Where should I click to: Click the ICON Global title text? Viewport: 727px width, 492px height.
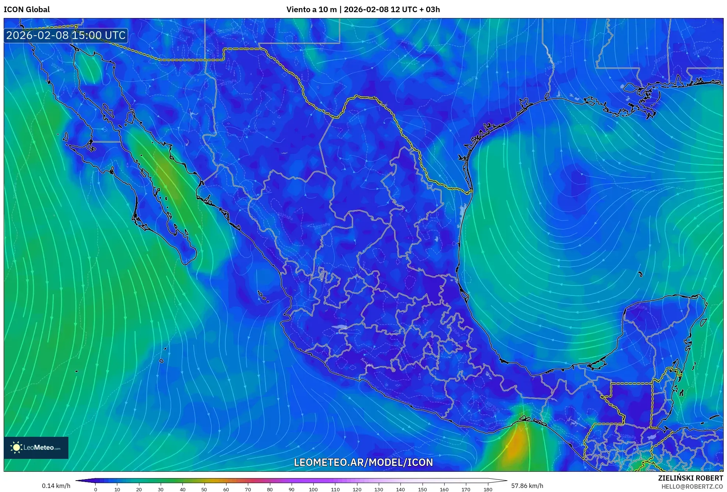(x=26, y=10)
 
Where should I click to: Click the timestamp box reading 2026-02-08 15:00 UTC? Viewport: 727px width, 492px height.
(x=66, y=35)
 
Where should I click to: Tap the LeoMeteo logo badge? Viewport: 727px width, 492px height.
(x=36, y=447)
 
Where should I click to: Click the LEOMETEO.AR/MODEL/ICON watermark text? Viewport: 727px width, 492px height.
(x=363, y=462)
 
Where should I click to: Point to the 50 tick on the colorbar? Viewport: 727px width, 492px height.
(x=204, y=489)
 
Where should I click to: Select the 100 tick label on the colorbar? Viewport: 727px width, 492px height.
(x=313, y=489)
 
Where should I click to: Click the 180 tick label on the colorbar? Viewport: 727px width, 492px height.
(x=488, y=489)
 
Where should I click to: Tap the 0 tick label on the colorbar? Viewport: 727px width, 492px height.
(x=96, y=489)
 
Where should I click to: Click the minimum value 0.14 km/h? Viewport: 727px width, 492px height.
(x=56, y=486)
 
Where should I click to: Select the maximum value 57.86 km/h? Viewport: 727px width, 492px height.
(x=527, y=486)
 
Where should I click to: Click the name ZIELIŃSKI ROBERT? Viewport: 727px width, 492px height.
(x=690, y=478)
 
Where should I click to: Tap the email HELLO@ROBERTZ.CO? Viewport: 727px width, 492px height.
(x=692, y=486)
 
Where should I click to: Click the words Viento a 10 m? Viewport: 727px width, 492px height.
(x=311, y=10)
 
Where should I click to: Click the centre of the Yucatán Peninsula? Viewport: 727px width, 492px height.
(x=658, y=331)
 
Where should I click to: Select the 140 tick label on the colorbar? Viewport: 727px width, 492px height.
(x=400, y=489)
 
